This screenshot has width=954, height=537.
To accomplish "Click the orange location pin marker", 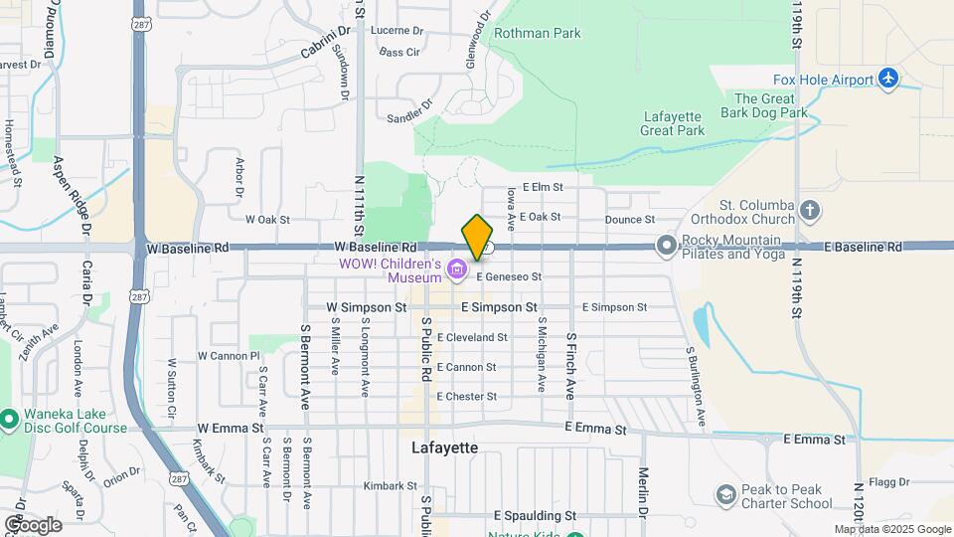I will coord(478,237).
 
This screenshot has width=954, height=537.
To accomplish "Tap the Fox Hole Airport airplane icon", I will coord(888,80).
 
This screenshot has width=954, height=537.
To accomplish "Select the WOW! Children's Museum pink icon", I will coord(456,268).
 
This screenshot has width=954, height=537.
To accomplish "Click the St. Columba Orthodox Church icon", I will coord(811,210).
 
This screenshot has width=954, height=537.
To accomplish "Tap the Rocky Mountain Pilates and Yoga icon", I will coord(665,245).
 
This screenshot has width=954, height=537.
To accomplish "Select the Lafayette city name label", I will coord(444,448).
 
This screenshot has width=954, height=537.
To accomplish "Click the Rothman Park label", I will coord(538,33).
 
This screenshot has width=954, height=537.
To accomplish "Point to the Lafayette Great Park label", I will coord(672,122).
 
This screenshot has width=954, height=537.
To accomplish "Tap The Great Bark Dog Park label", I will coord(771,105).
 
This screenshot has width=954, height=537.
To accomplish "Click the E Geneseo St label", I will coord(509,276).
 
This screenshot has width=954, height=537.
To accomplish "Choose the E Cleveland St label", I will coord(471,338).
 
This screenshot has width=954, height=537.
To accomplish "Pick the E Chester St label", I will coord(465,397).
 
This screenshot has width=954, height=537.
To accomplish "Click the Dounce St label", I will coord(629,219).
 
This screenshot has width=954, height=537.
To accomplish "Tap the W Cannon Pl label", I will coord(228,355).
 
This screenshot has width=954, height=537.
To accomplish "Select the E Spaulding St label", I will coord(535,516).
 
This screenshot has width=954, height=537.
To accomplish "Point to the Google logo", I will coord(33,524).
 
